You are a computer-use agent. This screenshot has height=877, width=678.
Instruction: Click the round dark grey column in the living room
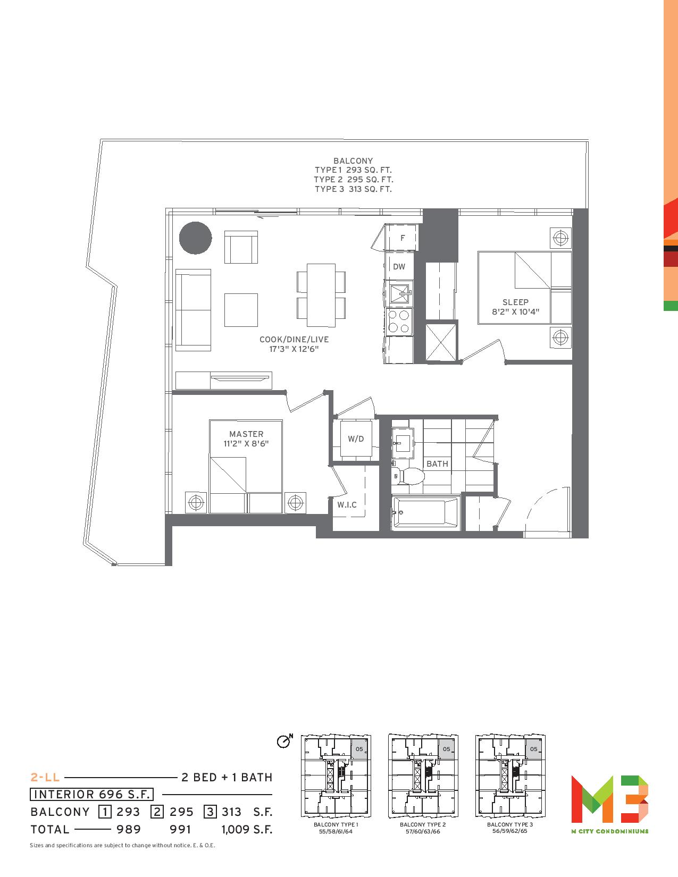tap(196, 238)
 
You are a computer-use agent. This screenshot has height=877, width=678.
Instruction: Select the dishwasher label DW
tap(399, 266)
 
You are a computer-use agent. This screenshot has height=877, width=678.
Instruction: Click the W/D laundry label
tap(356, 438)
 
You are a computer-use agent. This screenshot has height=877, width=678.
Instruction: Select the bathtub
tap(426, 512)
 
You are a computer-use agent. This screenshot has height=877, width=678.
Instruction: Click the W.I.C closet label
tap(347, 504)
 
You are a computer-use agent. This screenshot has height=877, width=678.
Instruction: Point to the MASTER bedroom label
tap(246, 434)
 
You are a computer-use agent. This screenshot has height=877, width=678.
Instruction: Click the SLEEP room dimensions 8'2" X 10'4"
tap(515, 311)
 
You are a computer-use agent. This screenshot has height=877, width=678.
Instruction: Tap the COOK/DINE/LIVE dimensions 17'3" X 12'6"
tap(294, 349)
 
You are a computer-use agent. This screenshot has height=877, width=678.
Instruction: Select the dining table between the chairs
tap(321, 295)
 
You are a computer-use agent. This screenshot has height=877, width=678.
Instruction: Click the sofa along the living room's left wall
tap(194, 310)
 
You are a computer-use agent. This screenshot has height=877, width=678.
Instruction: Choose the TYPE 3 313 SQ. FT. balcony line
tap(353, 189)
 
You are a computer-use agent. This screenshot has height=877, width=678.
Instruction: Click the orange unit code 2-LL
tap(45, 777)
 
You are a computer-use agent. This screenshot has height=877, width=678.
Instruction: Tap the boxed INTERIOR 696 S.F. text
tap(91, 794)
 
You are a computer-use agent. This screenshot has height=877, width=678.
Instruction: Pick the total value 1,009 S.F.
tap(247, 829)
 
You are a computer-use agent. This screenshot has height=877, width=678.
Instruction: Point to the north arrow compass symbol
tap(284, 740)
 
